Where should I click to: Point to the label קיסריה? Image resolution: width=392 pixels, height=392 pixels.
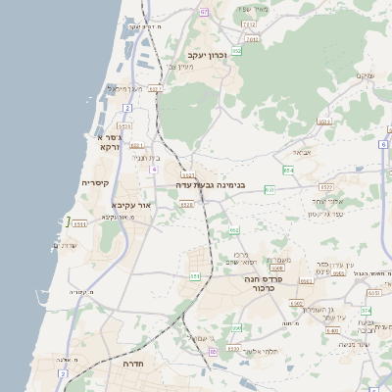(x=95, y=183)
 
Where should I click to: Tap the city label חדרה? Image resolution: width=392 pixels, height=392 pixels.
(x=133, y=363)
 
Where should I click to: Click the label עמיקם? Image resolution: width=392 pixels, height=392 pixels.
(x=367, y=76)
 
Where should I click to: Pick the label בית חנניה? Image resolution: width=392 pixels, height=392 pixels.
(x=144, y=157)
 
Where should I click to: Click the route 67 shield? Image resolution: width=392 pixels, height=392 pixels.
(x=204, y=12)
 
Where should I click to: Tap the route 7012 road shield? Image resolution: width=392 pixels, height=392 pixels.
(x=251, y=23)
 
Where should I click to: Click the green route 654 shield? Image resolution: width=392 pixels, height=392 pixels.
(x=288, y=171)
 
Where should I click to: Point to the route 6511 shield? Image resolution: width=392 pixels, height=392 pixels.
(x=80, y=223)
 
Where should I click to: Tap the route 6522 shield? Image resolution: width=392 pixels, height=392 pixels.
(x=326, y=186)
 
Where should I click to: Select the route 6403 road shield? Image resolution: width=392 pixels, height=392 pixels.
(x=295, y=305)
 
